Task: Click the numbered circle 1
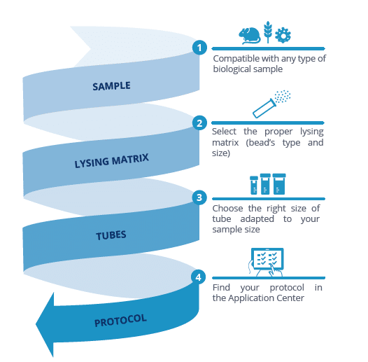click(199, 48)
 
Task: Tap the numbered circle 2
click(199, 123)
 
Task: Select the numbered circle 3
click(199, 197)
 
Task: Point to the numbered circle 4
click(199, 277)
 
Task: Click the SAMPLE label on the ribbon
click(111, 86)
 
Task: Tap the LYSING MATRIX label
click(112, 161)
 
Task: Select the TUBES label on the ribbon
click(111, 235)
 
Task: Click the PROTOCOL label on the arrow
click(120, 320)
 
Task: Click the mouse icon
click(250, 36)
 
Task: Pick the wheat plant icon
click(268, 32)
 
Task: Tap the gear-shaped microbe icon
click(283, 35)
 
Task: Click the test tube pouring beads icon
click(271, 104)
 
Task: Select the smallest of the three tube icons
click(254, 185)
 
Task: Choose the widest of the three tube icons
click(279, 184)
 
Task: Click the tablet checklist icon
click(267, 262)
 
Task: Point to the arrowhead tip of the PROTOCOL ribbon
click(36, 324)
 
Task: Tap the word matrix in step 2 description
click(225, 143)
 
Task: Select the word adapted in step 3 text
click(257, 219)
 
